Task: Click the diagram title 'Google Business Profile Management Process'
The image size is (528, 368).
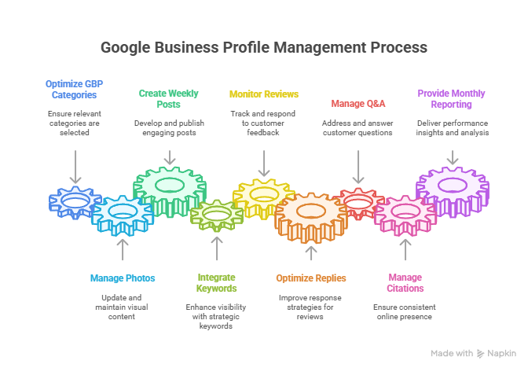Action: click(x=264, y=47)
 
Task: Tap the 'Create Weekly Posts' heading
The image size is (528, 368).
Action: click(x=170, y=98)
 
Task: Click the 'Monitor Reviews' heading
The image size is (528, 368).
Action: click(x=264, y=94)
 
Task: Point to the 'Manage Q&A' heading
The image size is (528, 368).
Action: click(x=358, y=103)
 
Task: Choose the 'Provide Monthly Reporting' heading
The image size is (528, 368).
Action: click(x=452, y=98)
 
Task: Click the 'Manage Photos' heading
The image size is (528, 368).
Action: click(x=123, y=278)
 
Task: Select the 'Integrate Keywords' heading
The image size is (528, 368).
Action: click(x=216, y=282)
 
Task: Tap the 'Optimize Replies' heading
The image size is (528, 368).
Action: click(x=311, y=278)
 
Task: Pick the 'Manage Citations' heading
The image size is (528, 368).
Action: click(x=405, y=282)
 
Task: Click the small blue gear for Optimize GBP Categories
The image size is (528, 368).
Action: click(x=75, y=202)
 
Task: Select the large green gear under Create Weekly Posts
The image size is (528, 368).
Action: click(x=170, y=186)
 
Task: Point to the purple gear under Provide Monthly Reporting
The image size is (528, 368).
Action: click(x=452, y=187)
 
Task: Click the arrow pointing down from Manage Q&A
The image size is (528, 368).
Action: click(x=358, y=167)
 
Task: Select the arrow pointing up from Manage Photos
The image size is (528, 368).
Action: click(x=123, y=248)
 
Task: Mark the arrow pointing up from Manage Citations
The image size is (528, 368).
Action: click(x=405, y=248)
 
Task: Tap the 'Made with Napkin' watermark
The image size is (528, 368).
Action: click(x=473, y=353)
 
